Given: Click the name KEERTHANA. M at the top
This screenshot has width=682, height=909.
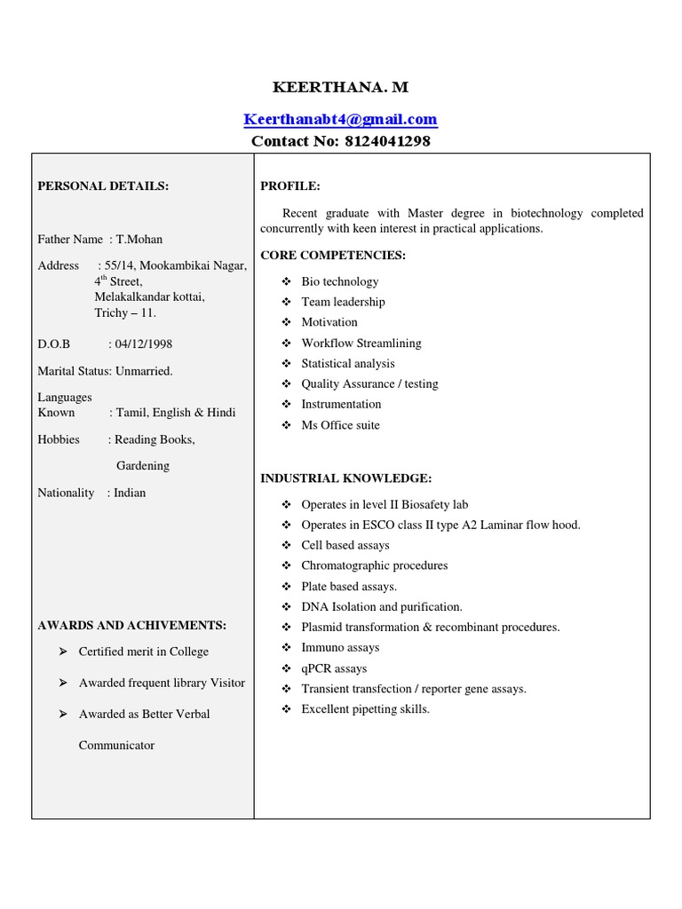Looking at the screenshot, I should (x=340, y=87).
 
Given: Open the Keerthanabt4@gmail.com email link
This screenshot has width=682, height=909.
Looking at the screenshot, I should (x=340, y=119).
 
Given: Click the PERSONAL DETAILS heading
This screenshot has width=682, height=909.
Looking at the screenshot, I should (x=103, y=186).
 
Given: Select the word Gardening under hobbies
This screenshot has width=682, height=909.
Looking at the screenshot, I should (x=143, y=465).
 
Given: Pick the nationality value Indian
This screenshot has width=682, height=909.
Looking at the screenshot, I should (x=130, y=493).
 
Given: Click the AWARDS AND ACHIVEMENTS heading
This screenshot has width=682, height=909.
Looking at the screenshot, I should (x=131, y=625).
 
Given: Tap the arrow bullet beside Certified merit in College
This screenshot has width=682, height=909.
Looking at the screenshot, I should (x=62, y=652).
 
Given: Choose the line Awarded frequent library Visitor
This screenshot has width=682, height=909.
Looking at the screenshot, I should (x=162, y=683).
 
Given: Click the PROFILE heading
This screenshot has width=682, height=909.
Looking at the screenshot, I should (x=289, y=186).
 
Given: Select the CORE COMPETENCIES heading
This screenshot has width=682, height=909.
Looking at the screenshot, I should (x=332, y=255).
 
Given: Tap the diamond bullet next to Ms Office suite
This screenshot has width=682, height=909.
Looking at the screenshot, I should (x=286, y=425).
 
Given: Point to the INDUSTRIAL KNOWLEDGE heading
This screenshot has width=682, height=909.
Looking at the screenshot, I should (x=345, y=478).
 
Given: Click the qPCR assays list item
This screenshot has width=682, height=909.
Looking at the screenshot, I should (x=334, y=668).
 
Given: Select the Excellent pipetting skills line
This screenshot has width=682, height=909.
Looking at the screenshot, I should (x=365, y=709).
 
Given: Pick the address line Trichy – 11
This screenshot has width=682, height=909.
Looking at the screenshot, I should (x=125, y=312).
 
